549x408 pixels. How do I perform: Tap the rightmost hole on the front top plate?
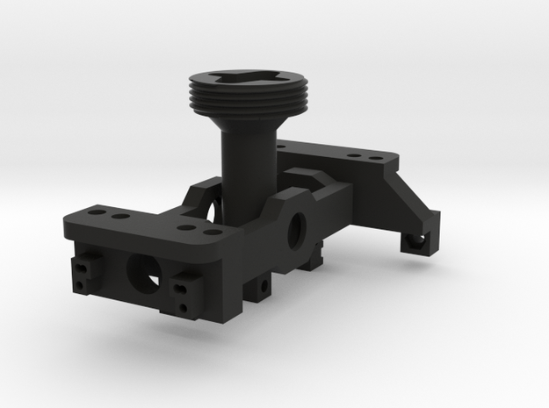(213, 234)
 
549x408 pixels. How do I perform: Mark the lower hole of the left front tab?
(82, 283)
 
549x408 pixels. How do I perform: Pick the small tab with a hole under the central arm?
(262, 286)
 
